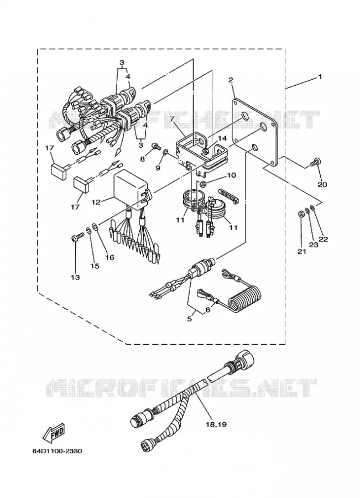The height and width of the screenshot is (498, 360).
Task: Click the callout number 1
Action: click(x=320, y=76)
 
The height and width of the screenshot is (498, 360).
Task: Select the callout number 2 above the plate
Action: click(x=231, y=79)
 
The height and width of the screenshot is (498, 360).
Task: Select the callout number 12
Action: click(x=96, y=201)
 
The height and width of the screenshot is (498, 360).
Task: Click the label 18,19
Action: click(x=216, y=424)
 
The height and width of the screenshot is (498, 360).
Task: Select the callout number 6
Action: click(x=208, y=309)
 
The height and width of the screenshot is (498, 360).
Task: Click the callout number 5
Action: click(x=190, y=318)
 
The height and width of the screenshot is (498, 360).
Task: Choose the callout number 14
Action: click(x=222, y=138)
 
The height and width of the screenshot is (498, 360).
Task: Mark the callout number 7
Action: click(x=171, y=120)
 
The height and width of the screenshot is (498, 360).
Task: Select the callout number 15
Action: click(x=95, y=266)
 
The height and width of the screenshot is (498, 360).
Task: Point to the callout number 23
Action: click(x=314, y=245)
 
